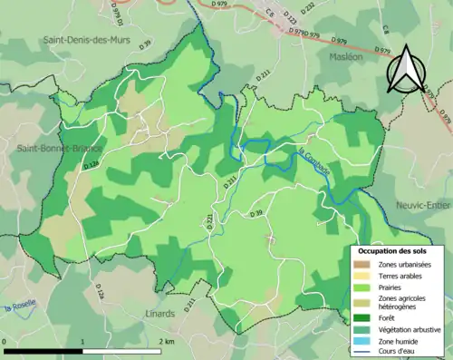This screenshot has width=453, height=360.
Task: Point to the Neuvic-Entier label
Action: (422, 206)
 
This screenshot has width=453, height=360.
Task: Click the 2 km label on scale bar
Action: (167, 341)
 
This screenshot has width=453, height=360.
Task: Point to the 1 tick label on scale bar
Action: (83, 341)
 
